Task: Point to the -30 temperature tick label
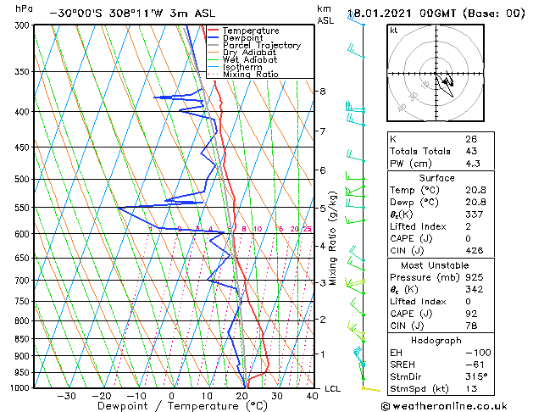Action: (x=64, y=396)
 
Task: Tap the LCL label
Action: (x=333, y=388)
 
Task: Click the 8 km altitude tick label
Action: (x=322, y=91)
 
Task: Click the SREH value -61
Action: (x=473, y=363)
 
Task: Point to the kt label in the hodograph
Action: (x=394, y=31)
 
